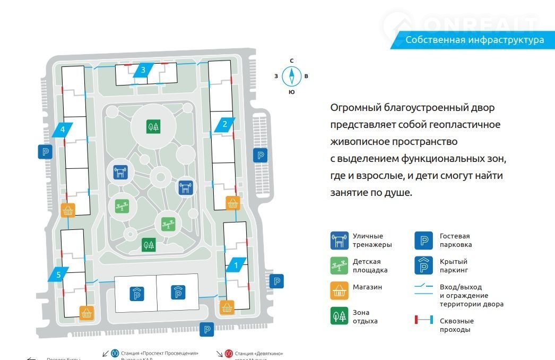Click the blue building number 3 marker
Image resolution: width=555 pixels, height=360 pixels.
pyautogui.click(x=143, y=70)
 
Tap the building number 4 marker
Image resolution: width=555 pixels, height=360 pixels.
pyautogui.click(x=63, y=129)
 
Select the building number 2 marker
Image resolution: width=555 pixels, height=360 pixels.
pyautogui.click(x=224, y=125)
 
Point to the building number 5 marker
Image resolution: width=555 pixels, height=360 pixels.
pyautogui.click(x=59, y=274)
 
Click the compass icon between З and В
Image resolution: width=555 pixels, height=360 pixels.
pyautogui.click(x=291, y=76)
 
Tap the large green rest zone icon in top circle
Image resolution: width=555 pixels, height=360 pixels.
pyautogui.click(x=153, y=126)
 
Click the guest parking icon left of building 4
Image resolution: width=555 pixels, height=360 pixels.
pyautogui.click(x=45, y=152)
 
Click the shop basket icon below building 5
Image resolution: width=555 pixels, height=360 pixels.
pyautogui.click(x=86, y=312)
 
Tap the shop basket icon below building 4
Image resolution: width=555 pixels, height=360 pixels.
pyautogui.click(x=68, y=210)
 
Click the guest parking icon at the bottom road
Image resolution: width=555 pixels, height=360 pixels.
pyautogui.click(x=207, y=329)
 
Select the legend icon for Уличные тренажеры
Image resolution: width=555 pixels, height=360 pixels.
pyautogui.click(x=339, y=241)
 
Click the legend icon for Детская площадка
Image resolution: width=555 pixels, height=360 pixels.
pyautogui.click(x=339, y=266)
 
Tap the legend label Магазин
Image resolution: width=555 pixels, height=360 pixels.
pyautogui.click(x=367, y=287)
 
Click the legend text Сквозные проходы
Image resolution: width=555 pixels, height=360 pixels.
pyautogui.click(x=456, y=325)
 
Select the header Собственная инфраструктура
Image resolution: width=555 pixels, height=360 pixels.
pyautogui.click(x=474, y=40)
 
